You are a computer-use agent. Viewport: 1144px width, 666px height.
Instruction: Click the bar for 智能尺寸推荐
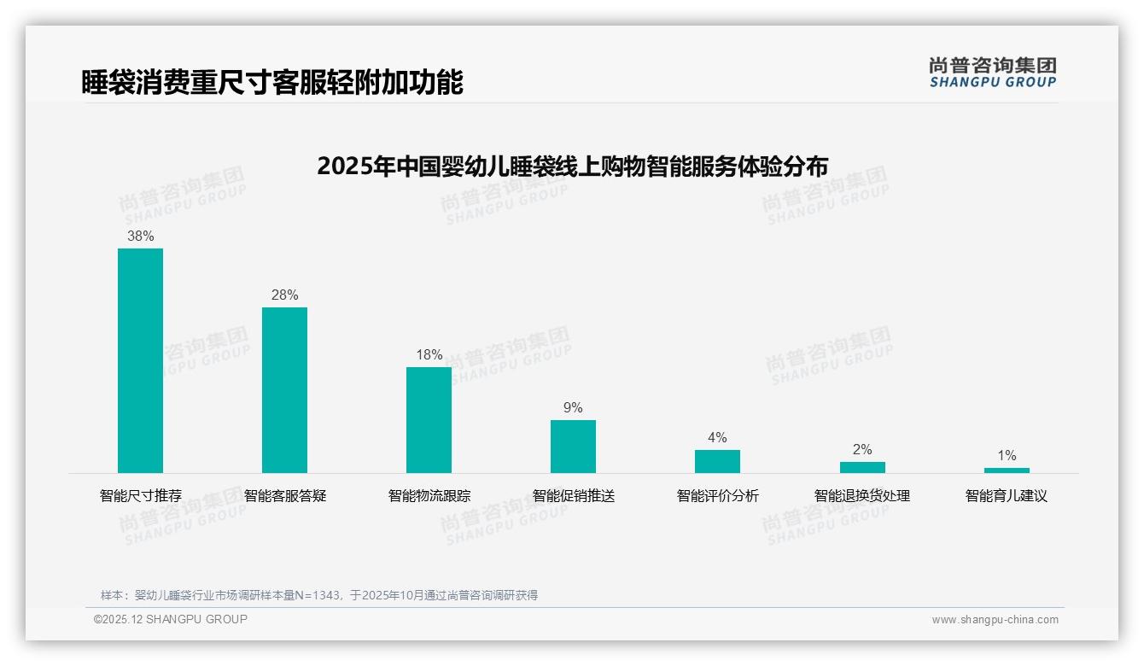click(140, 360)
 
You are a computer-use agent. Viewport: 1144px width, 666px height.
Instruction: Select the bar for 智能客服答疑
click(284, 390)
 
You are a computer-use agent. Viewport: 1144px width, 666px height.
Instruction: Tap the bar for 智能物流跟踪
click(429, 419)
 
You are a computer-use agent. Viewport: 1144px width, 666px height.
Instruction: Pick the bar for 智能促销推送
click(573, 446)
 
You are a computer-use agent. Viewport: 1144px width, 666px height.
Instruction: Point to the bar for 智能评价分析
click(717, 461)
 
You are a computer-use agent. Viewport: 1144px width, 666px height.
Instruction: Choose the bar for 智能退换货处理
click(862, 467)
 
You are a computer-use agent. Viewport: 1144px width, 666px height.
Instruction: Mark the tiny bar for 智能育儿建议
click(1007, 470)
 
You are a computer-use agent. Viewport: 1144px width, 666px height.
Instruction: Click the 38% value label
click(140, 237)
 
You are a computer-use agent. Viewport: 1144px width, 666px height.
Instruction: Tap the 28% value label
click(284, 295)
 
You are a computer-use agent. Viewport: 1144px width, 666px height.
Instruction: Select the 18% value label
click(429, 355)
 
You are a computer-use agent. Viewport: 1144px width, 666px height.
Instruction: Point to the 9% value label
click(573, 408)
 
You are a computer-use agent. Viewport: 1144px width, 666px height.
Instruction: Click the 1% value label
click(1007, 456)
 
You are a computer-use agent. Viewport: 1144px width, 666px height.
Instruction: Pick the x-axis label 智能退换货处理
click(862, 496)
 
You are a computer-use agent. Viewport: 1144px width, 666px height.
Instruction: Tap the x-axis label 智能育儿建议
click(1007, 496)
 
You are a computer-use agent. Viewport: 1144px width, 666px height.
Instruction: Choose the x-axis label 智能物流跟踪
click(429, 496)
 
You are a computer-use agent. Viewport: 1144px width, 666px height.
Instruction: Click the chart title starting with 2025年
click(572, 166)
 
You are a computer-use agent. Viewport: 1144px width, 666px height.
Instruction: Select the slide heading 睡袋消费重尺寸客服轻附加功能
click(272, 83)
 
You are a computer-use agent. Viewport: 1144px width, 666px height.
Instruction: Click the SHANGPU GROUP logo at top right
click(992, 73)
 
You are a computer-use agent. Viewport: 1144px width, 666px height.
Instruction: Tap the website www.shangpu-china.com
click(995, 620)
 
